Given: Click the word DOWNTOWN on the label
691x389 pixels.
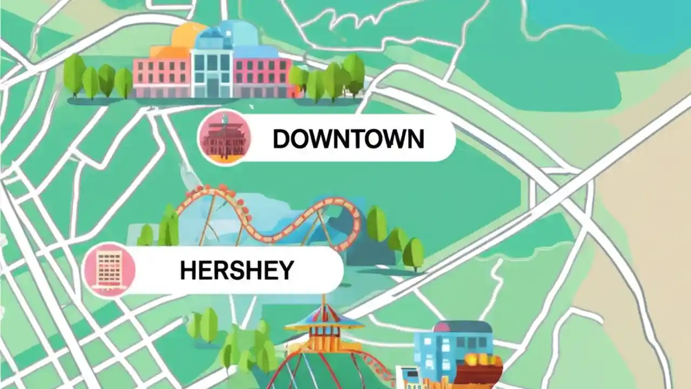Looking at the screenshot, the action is tap(348, 139).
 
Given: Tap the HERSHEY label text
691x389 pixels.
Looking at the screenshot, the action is tap(237, 270).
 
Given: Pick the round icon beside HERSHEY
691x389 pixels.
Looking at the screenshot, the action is tap(110, 270).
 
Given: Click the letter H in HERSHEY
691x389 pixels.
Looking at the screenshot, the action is tap(188, 270).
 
